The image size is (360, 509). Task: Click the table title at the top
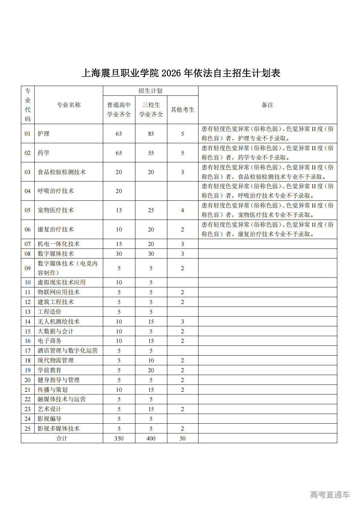coord(181,73)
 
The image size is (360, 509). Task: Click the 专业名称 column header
coord(69,105)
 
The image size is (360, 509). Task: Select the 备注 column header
coord(267,105)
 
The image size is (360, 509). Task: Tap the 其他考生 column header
coord(183,110)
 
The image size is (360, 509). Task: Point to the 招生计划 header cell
coord(150,91)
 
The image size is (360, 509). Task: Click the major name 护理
coord(44,134)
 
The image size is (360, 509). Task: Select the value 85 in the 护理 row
coord(151,134)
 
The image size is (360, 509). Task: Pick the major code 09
coord(28,268)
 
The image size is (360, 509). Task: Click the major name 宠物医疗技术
coord(56,210)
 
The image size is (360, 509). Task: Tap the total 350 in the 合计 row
coord(119,438)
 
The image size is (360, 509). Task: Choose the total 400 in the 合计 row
coord(151,438)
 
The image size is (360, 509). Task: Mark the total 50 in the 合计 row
coord(183,438)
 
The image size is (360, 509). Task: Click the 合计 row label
coord(62,438)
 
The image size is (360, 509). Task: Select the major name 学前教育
coord(49,370)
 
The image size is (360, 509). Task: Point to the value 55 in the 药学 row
coord(151,153)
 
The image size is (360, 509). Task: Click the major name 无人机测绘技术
coord(58,321)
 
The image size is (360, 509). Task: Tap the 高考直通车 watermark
coord(330,494)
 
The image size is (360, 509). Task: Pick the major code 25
coord(28,428)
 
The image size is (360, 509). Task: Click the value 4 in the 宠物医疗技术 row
coord(183,210)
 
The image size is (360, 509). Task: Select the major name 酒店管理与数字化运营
coord(67,350)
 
